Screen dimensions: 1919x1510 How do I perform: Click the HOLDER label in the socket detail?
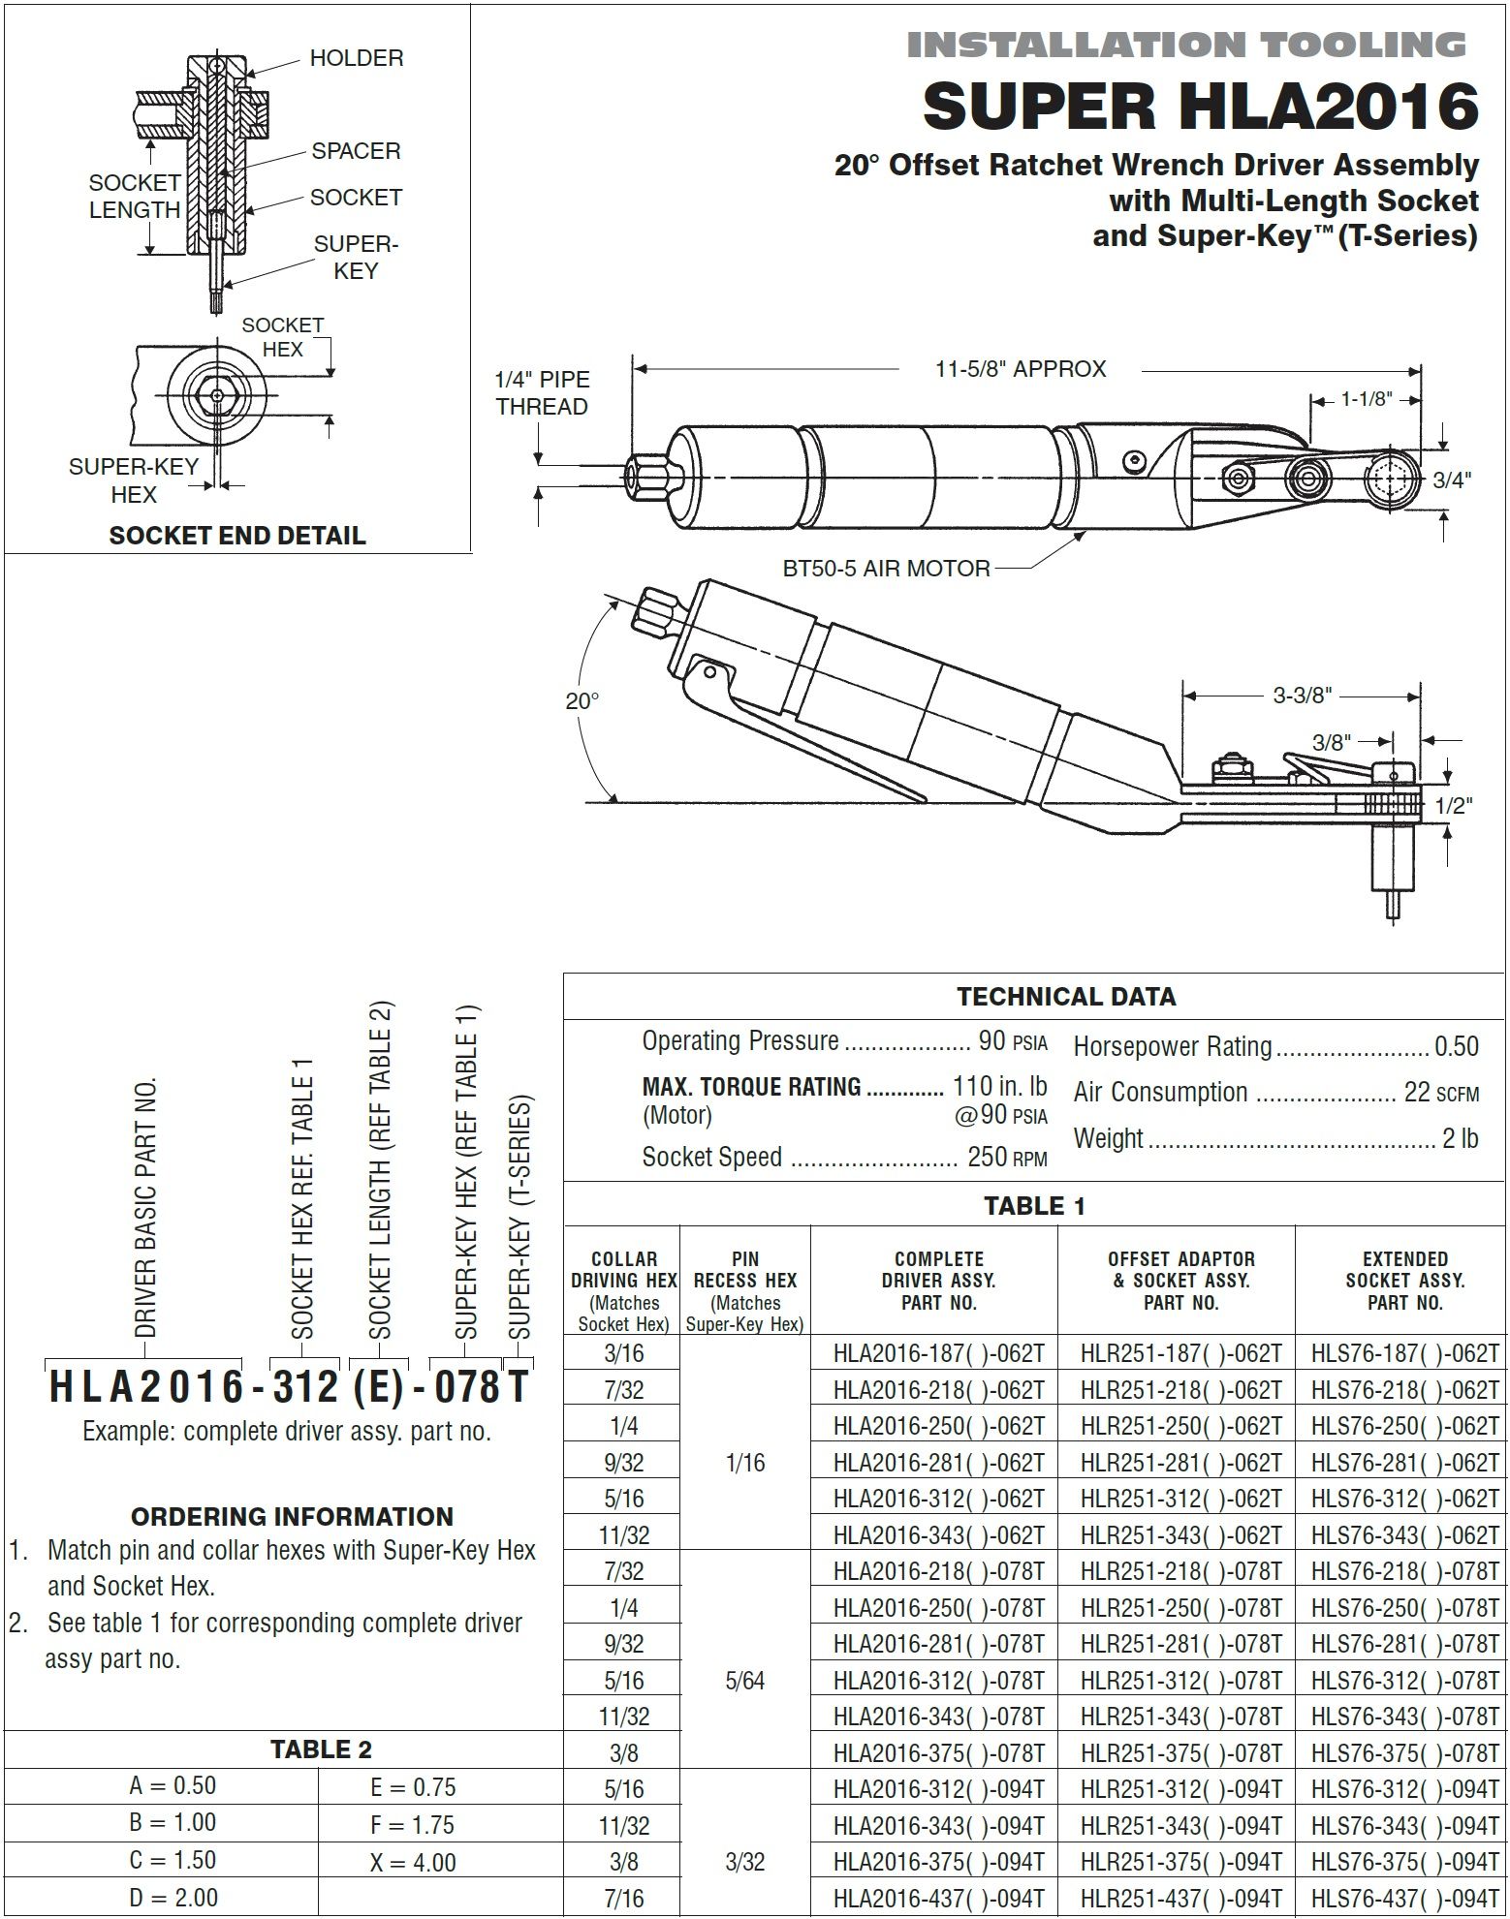pos(356,58)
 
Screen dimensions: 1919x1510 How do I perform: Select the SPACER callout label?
pos(356,151)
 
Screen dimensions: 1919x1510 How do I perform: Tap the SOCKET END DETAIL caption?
pos(237,536)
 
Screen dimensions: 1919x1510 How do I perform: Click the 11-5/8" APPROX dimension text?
pos(1021,369)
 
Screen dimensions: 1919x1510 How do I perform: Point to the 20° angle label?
pos(582,701)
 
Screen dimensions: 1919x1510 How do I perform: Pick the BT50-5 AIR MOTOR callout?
pos(886,569)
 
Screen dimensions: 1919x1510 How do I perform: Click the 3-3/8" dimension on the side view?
pos(1302,695)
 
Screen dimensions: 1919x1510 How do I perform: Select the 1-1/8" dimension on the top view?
pos(1367,399)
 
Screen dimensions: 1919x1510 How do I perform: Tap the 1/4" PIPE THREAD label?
pos(542,393)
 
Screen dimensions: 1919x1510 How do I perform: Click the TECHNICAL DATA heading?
pos(1066,997)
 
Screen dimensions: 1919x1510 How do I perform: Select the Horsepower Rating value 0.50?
pos(1456,1046)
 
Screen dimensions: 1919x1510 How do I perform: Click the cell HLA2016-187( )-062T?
pos(938,1353)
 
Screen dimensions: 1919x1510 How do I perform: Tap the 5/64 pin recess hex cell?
pos(744,1681)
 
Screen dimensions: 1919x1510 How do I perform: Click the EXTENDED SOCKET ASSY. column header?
pos(1404,1281)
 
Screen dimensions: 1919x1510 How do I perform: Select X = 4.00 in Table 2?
pos(413,1862)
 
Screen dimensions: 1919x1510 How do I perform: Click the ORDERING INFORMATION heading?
pos(292,1517)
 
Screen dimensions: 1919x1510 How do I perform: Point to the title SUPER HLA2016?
pos(1200,107)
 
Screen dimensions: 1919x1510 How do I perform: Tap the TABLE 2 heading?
pos(321,1749)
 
